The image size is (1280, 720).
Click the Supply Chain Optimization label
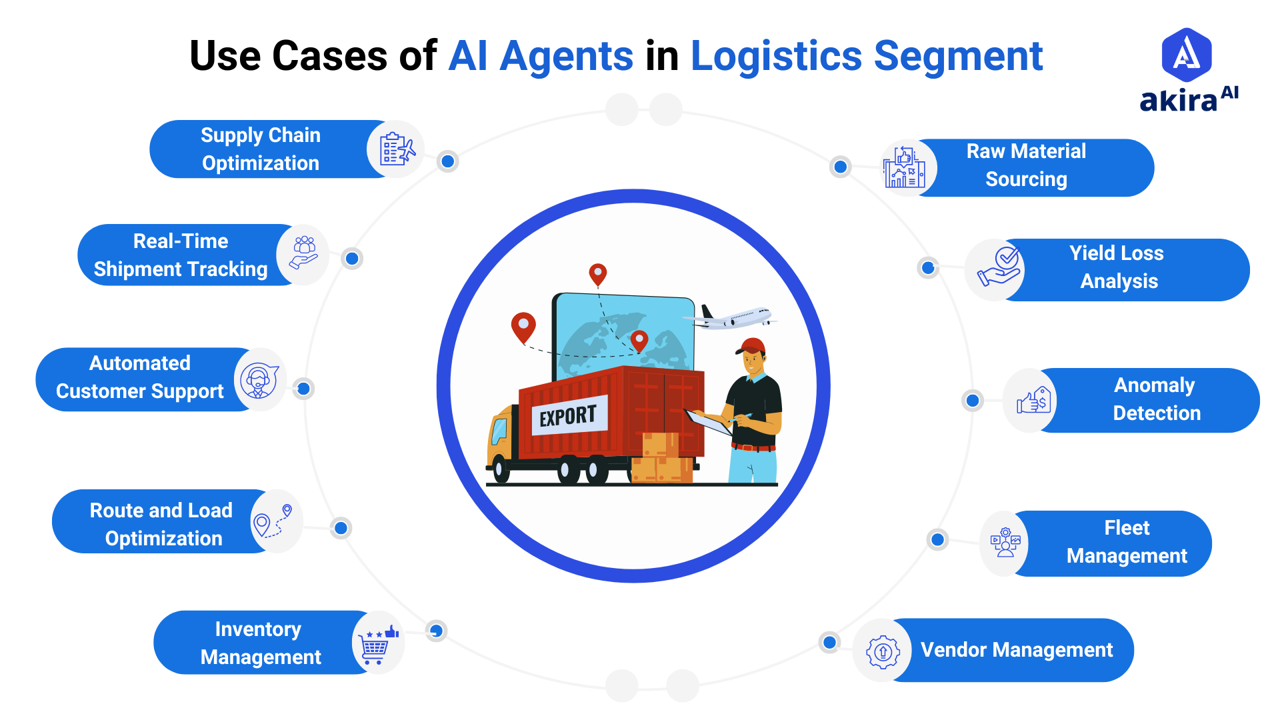pos(261,149)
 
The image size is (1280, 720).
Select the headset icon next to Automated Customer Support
pos(259,380)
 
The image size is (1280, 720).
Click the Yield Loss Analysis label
pos(1117,267)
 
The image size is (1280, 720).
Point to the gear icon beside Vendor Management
pos(883,651)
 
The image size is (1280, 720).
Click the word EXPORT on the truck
pos(568,417)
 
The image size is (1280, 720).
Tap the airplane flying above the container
pos(733,318)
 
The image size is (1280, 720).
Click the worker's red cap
pos(752,345)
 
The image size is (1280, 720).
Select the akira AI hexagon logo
pos(1187,55)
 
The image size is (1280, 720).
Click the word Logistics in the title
pos(776,56)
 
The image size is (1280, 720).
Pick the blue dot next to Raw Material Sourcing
pos(841,167)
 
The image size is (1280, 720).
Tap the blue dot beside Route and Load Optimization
pos(341,528)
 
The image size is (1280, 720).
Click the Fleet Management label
pos(1127,542)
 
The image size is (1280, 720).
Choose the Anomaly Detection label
pos(1155,399)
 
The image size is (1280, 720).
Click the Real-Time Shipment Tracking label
pos(181,255)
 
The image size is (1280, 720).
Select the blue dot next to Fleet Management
pos(937,539)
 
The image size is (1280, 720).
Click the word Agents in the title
pos(566,56)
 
